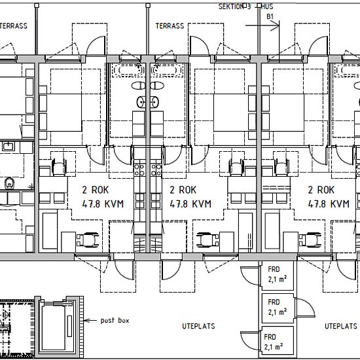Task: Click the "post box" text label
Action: click(x=115, y=321)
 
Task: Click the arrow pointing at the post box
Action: click(x=90, y=320)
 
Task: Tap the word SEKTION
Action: click(x=230, y=7)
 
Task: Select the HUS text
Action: click(x=268, y=7)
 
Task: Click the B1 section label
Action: click(x=270, y=16)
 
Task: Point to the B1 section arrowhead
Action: click(x=275, y=26)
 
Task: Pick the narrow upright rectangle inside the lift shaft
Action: click(x=69, y=323)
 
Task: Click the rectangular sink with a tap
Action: click(x=9, y=146)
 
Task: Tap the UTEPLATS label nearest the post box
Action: click(x=198, y=326)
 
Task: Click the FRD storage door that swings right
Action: click(x=306, y=308)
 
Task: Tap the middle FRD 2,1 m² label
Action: click(x=277, y=307)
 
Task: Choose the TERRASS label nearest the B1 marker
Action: click(x=170, y=26)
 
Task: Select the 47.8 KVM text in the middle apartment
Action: click(x=190, y=204)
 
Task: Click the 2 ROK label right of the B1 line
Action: click(x=321, y=190)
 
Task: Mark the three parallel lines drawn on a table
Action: click(x=276, y=188)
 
